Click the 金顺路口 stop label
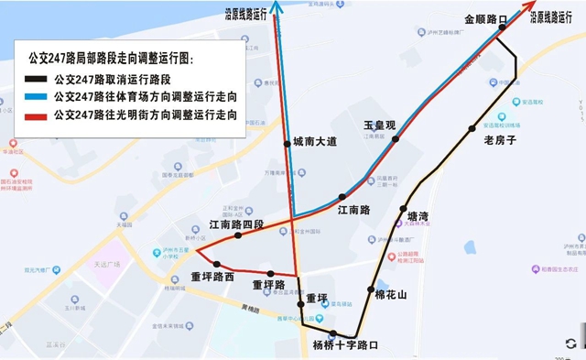(485, 18)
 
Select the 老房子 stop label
(500, 140)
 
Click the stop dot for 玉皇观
(396, 139)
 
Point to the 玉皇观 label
(378, 125)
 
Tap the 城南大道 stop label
(315, 142)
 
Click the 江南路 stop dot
(342, 197)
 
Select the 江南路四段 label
(236, 224)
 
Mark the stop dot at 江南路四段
(238, 235)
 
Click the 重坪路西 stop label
(212, 277)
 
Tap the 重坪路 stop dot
(270, 273)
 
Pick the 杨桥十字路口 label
(345, 345)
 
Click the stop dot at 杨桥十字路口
(333, 333)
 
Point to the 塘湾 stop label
(418, 216)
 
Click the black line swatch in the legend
(38, 79)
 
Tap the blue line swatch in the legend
(38, 96)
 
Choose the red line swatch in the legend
(38, 115)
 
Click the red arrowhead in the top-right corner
(532, 6)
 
